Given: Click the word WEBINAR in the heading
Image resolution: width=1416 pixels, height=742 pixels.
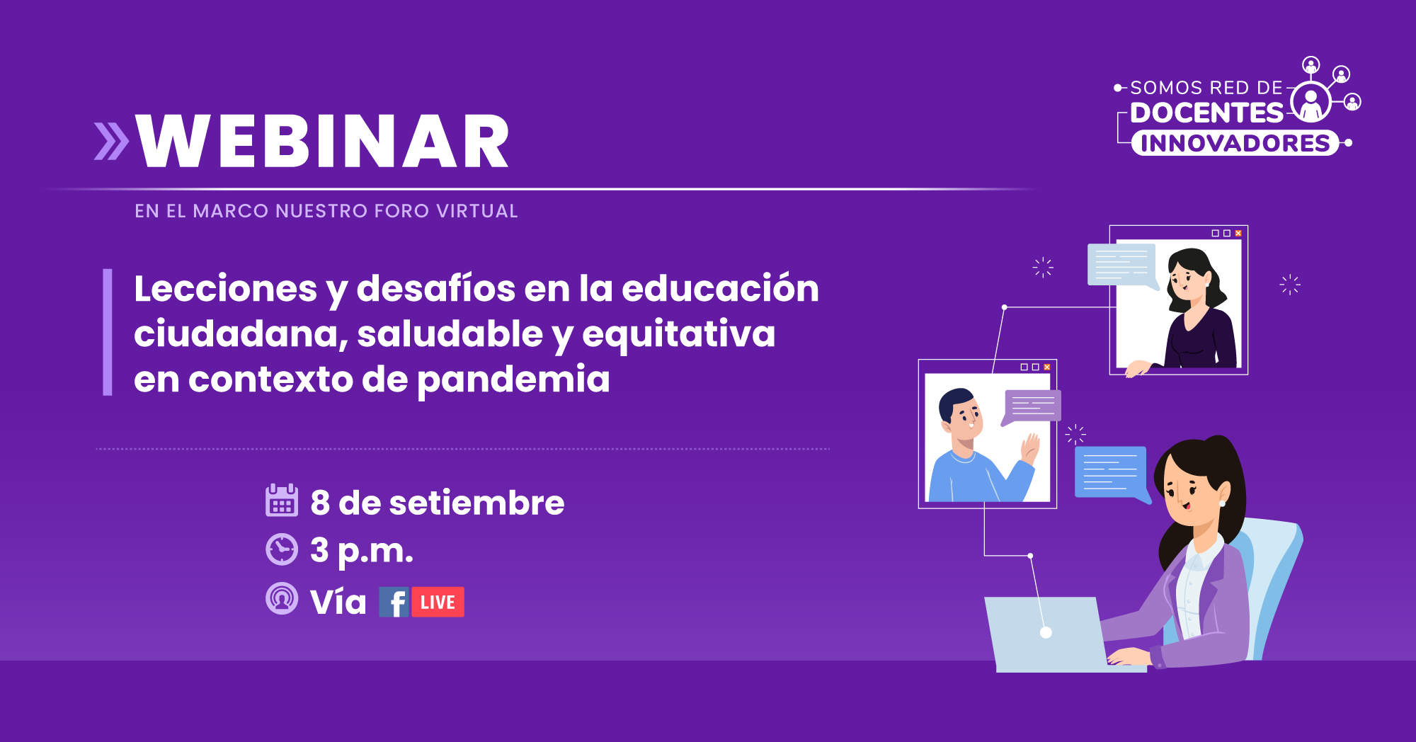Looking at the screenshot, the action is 323,141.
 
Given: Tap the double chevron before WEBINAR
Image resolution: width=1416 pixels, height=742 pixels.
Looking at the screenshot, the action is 112,141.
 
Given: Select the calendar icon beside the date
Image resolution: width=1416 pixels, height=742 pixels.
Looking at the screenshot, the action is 282,501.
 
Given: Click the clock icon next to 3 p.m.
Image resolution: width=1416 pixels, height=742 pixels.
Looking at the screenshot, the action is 282,549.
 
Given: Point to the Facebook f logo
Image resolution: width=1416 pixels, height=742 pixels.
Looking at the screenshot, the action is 394,602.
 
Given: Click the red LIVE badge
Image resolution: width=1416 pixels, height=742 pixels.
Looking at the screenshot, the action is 438,602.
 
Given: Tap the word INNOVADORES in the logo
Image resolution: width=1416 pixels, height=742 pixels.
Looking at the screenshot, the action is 1235,143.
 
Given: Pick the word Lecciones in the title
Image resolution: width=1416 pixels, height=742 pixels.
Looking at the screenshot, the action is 226,289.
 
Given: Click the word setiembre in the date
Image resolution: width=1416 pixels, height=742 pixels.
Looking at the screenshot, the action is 476,503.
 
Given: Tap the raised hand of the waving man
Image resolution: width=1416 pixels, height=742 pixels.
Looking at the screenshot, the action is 1030,448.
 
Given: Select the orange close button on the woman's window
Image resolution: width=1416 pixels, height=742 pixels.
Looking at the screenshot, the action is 1238,233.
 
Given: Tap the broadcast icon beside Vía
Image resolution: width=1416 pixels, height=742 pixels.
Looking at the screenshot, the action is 282,598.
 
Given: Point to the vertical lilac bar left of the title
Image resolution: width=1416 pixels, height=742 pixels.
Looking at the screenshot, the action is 108,332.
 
